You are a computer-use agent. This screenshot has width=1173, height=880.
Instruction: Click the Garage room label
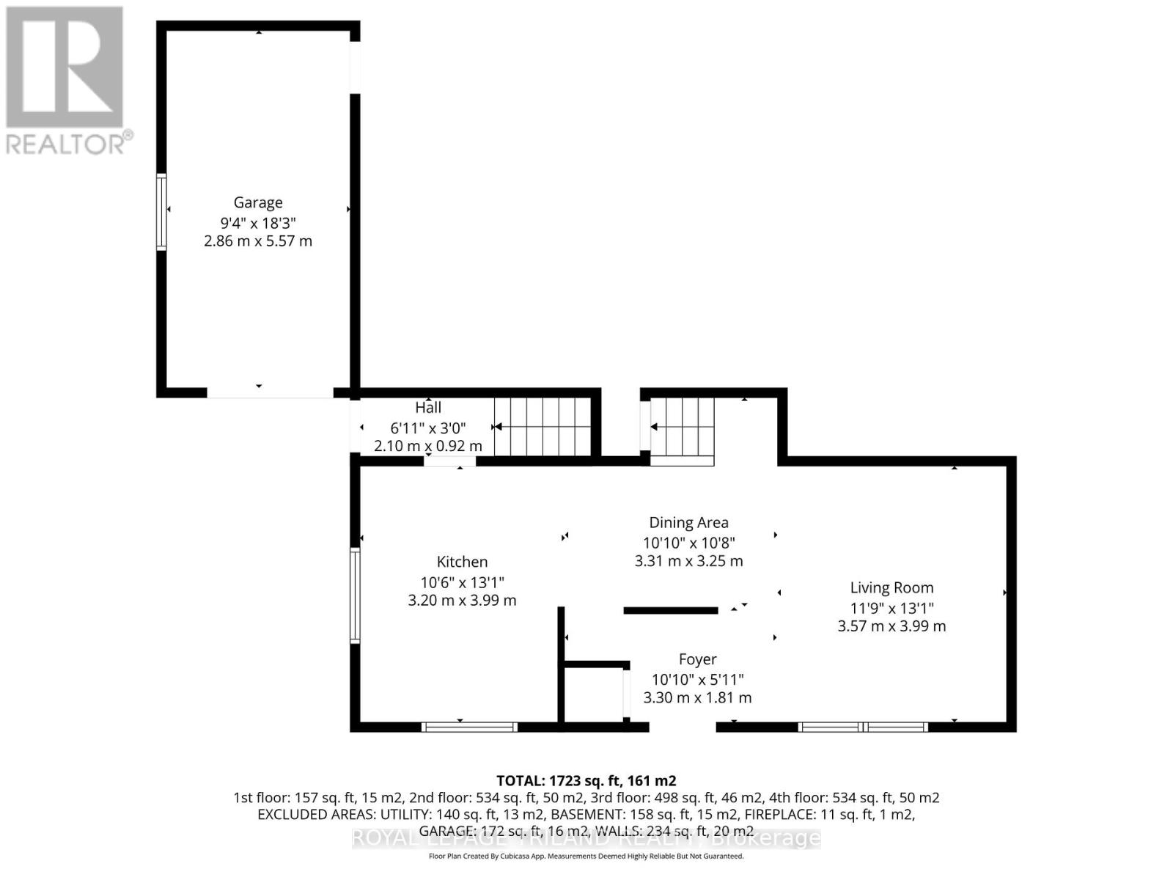tap(258, 202)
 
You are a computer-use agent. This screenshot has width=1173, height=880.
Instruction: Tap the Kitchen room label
tap(462, 562)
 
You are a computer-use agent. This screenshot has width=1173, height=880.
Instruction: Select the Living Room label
tap(891, 587)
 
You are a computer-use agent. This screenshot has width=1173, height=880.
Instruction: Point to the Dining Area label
tap(688, 523)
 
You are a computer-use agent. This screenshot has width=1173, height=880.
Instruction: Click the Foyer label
tap(697, 659)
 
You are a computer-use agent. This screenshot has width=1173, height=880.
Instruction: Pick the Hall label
tap(428, 408)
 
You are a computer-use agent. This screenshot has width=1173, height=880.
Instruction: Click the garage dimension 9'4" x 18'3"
tap(258, 222)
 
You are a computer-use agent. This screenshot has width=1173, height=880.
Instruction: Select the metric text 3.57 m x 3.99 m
tap(891, 626)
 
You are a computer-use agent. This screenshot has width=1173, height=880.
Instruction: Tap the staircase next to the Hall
tap(543, 427)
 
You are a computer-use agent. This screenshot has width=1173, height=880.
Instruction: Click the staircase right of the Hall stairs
tap(683, 430)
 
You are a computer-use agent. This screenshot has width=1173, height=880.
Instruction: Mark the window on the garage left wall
tap(161, 212)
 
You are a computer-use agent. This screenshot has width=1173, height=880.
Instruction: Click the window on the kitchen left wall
tap(355, 595)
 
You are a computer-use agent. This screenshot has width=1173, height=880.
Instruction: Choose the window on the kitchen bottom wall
tap(469, 727)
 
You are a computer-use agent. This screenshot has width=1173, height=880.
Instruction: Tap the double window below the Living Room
tap(863, 727)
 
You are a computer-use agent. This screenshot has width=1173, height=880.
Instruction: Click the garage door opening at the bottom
tap(270, 394)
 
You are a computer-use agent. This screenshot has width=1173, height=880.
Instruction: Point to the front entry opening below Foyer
tap(683, 727)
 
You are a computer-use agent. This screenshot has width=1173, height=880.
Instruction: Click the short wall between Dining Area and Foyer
tap(670, 610)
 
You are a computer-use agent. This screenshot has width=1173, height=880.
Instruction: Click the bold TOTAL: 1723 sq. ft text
tap(586, 780)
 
